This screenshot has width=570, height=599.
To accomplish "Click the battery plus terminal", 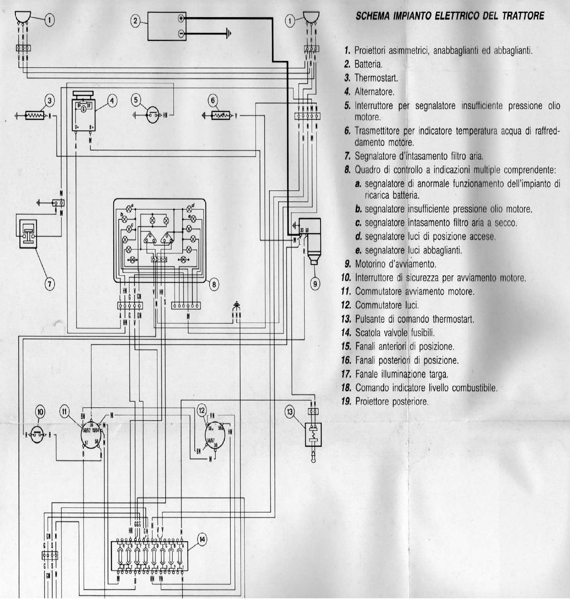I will (x=181, y=18).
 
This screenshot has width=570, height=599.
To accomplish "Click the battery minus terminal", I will (x=181, y=34).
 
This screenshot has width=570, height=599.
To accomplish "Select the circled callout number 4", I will (x=112, y=100).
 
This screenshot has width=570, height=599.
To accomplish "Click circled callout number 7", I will (x=50, y=283).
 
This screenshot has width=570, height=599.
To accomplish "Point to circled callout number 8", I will (x=214, y=284).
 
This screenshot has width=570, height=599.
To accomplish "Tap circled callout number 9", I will (x=315, y=283).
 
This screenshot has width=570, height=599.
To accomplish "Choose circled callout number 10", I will (x=41, y=412).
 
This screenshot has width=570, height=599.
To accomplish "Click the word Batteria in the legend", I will (x=368, y=64).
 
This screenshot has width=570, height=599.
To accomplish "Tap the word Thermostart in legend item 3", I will (x=376, y=78).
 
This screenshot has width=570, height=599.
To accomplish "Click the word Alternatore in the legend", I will (x=374, y=92).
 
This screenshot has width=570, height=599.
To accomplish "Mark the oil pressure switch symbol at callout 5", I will (x=152, y=115).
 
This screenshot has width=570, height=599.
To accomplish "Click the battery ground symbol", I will (x=229, y=34).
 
